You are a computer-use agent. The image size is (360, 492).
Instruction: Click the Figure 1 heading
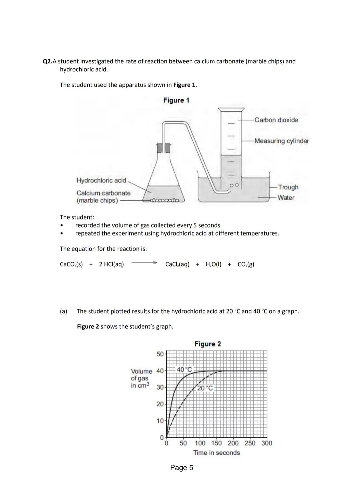coord(176,100)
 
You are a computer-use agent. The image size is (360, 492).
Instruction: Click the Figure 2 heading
coord(207,344)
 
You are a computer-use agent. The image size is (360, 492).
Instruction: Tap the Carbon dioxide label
coord(276,120)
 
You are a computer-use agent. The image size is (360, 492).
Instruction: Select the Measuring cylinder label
coord(281,141)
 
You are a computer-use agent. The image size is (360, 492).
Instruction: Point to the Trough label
coord(288,187)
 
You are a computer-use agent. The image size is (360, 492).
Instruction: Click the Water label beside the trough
coord(286,197)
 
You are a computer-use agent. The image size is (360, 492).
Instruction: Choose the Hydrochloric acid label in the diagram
coord(101,180)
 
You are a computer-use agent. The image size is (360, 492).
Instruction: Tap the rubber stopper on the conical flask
coord(163,148)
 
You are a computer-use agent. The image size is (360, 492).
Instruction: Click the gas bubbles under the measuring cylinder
coord(235,184)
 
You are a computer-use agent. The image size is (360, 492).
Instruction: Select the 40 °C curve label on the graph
coord(184,369)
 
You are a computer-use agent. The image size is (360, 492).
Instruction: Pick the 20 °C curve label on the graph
coord(205,388)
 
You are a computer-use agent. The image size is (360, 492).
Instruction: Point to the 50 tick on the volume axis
coord(160,354)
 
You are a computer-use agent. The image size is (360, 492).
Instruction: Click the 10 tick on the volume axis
coord(160,421)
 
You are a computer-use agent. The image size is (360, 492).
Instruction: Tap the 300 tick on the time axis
coord(267,443)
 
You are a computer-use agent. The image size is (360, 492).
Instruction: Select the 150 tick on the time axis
coord(217,443)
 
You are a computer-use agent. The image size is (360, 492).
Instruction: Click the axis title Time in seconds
coord(216,453)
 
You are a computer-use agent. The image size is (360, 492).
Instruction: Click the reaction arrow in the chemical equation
coord(144,263)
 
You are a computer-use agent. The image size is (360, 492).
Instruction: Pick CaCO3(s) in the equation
coord(71,264)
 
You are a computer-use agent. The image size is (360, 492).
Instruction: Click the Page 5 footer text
coord(181,468)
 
